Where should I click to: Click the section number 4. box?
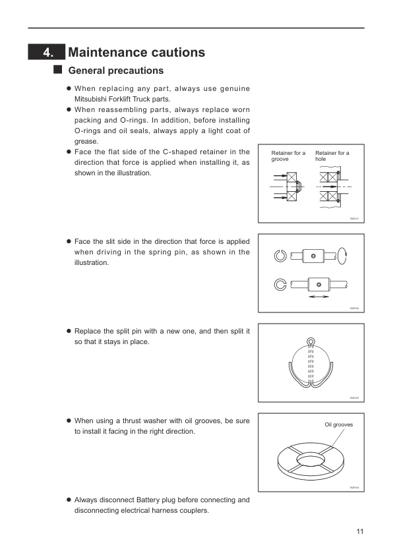pyautogui.click(x=46, y=52)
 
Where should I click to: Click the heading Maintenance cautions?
pyautogui.click(x=136, y=52)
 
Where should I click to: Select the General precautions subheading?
pyautogui.click(x=116, y=71)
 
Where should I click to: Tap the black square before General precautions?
pyautogui.click(x=57, y=69)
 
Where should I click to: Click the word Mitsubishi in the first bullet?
pyautogui.click(x=93, y=99)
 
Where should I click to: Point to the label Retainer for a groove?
pyautogui.click(x=288, y=156)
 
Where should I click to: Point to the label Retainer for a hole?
pyautogui.click(x=332, y=156)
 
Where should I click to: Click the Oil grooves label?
pyautogui.click(x=338, y=425)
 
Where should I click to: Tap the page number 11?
pyautogui.click(x=359, y=532)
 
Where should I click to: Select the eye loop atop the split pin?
pyautogui.click(x=311, y=342)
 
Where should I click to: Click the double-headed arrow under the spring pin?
pyautogui.click(x=319, y=297)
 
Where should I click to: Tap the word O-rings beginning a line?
pyautogui.click(x=87, y=131)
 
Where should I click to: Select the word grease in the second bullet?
pyautogui.click(x=86, y=141)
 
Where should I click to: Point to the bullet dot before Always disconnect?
pyautogui.click(x=69, y=500)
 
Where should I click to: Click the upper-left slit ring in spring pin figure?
pyautogui.click(x=280, y=256)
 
